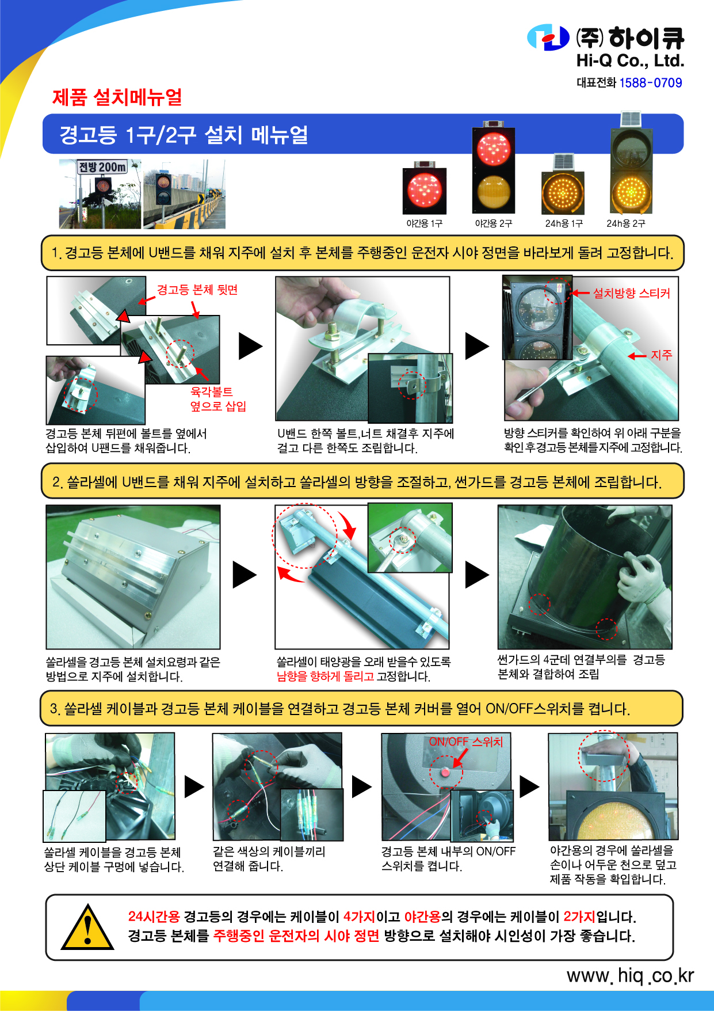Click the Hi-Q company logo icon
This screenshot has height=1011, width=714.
click(548, 37)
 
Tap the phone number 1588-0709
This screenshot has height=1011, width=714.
click(651, 83)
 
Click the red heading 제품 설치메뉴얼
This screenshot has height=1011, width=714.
click(117, 97)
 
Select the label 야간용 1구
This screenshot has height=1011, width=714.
click(425, 223)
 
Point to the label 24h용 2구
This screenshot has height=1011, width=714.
click(626, 223)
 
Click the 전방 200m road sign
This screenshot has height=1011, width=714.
click(102, 167)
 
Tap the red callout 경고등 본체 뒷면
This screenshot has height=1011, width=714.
click(197, 290)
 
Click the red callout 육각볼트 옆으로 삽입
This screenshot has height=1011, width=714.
click(218, 399)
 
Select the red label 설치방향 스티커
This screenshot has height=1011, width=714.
click(632, 293)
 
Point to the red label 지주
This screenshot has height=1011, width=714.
click(662, 355)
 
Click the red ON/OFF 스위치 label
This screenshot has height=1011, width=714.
click(466, 742)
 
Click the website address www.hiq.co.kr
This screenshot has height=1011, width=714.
click(631, 975)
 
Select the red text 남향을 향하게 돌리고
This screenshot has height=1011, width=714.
click(325, 676)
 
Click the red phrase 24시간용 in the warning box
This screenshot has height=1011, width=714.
click(154, 916)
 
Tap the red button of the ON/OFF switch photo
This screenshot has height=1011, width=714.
click(446, 772)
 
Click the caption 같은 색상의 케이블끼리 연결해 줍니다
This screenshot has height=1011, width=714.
click(269, 858)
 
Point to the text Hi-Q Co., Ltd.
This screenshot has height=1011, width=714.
click(631, 60)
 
